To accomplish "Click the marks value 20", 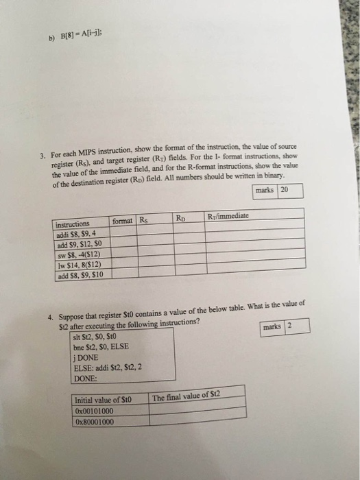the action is [x=285, y=189].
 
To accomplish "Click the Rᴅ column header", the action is [x=180, y=219].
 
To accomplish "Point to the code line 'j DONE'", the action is [x=84, y=357].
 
